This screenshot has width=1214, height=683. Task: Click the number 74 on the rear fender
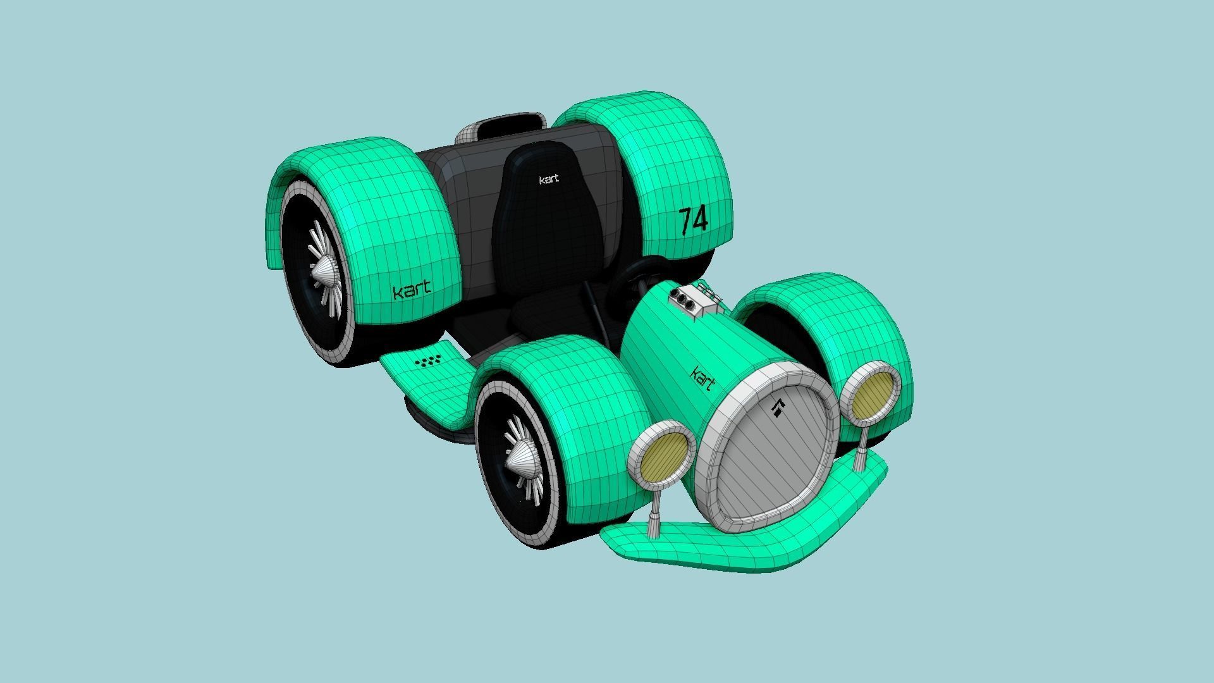tap(694, 220)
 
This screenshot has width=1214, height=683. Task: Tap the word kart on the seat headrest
tap(549, 180)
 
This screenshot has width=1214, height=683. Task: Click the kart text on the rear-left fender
tap(412, 291)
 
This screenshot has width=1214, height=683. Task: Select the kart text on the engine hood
tap(703, 378)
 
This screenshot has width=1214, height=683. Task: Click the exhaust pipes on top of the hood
tap(694, 302)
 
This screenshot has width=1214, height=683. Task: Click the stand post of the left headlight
tap(654, 514)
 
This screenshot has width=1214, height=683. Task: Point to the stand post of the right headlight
tap(861, 450)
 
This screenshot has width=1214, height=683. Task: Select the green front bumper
tap(727, 544)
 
